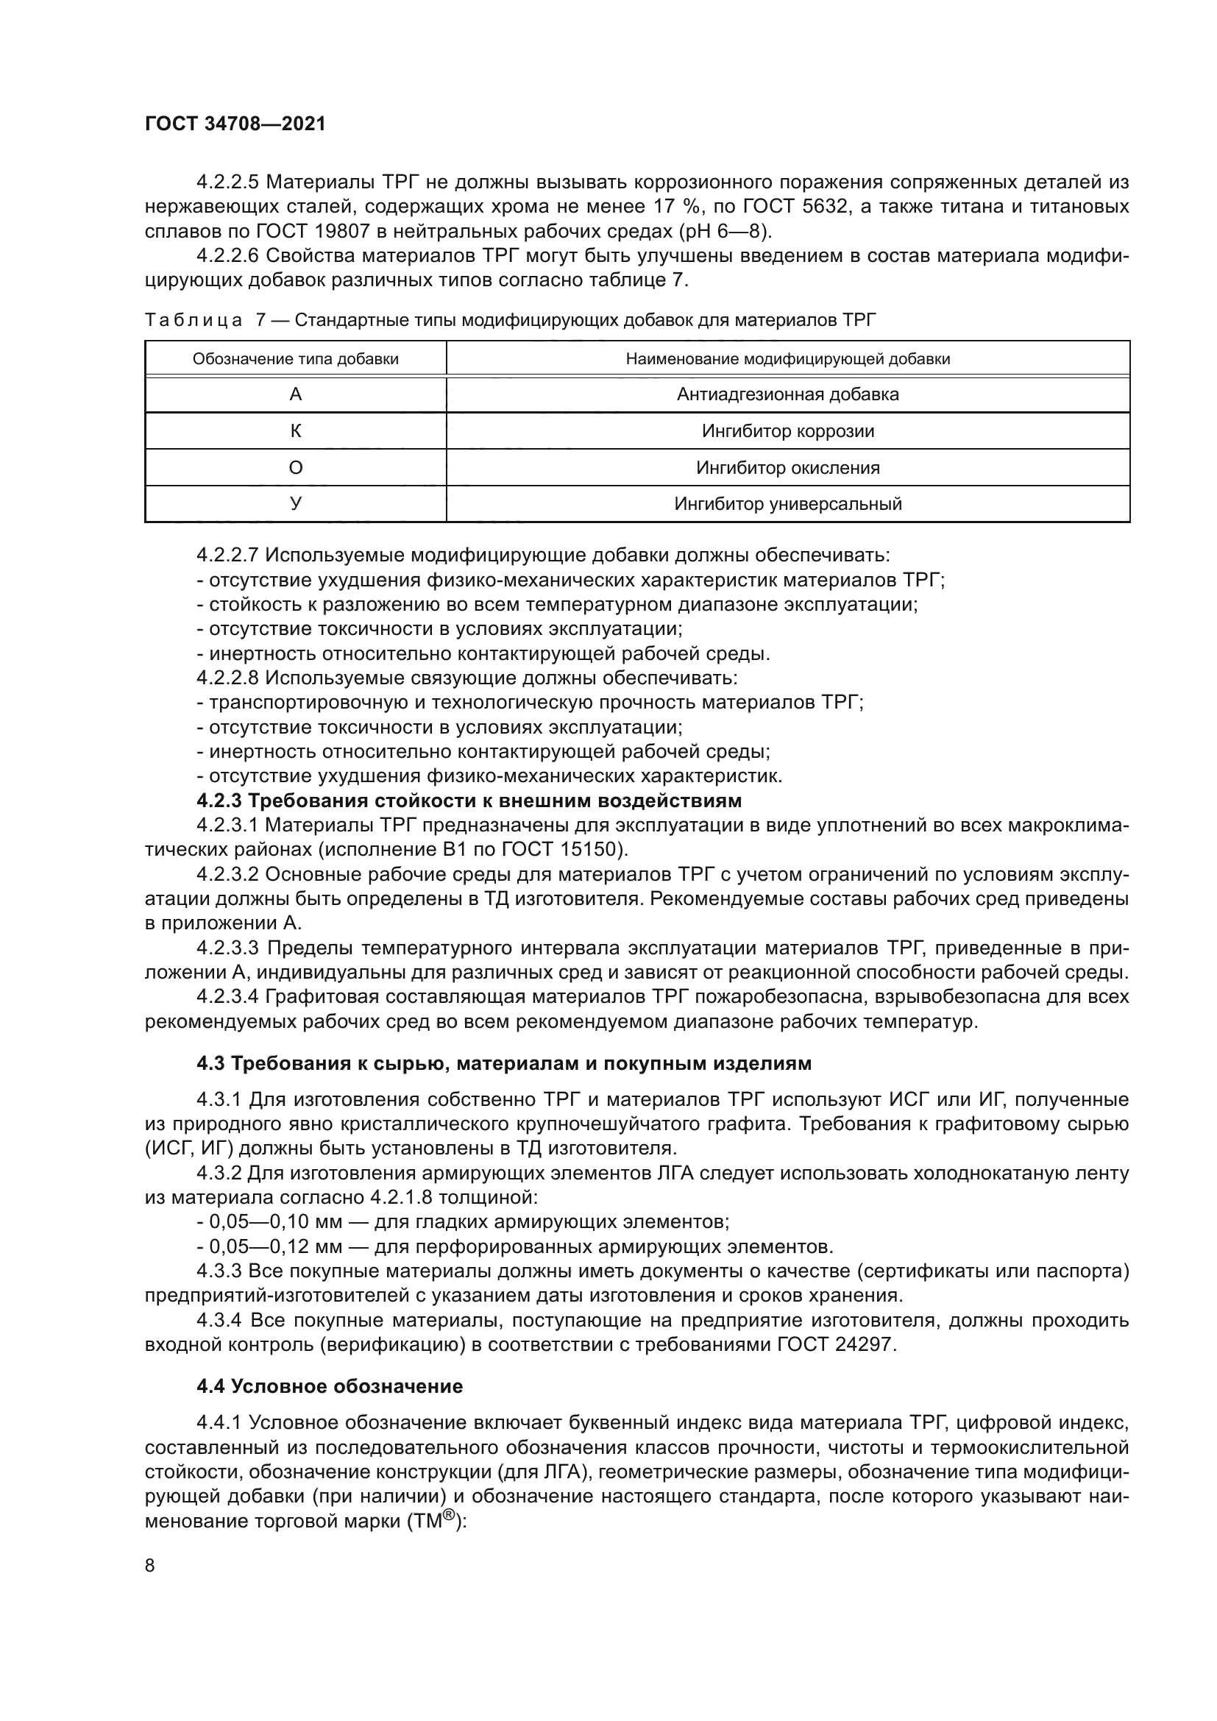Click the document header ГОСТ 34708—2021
[235, 124]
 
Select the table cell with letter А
[295, 394]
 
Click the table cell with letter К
[295, 431]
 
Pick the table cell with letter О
[295, 468]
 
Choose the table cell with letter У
[295, 504]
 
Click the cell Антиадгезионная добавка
[787, 394]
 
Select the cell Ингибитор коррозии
[787, 431]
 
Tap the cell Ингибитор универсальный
[787, 504]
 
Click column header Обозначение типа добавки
[295, 359]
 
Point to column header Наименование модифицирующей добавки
[787, 359]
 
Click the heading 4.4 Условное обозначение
[330, 1386]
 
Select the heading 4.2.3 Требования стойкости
[469, 801]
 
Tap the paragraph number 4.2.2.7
[227, 556]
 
